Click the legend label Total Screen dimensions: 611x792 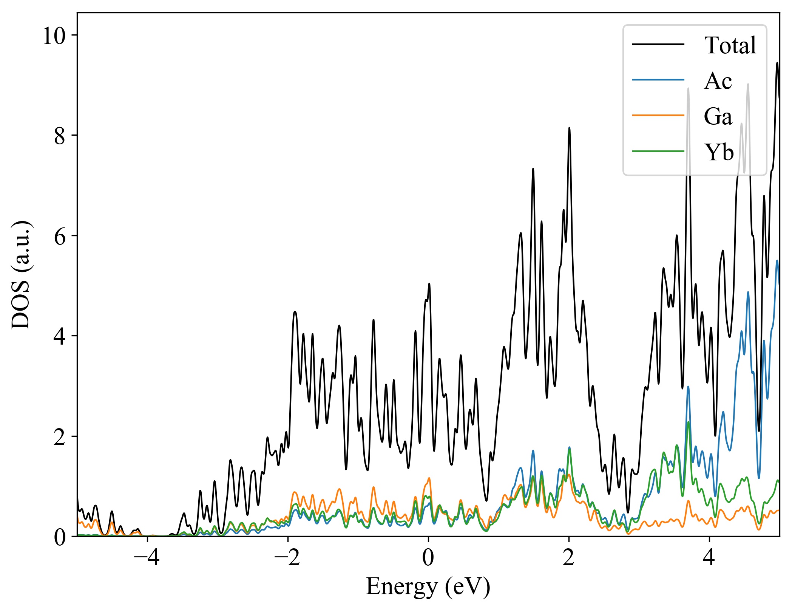coord(730,45)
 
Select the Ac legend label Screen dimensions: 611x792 coord(718,81)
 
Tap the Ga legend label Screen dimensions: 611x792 coord(718,116)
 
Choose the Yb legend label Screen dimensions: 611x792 coord(719,152)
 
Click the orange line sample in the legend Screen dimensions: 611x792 coord(658,115)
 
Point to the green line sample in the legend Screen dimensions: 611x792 coord(658,151)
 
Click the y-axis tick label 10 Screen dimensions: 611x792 coord(54,36)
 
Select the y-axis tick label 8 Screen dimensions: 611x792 coord(60,136)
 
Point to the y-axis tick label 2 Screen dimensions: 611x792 coord(60,437)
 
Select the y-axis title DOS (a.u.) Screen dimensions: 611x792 coord(21,274)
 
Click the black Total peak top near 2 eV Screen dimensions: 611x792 coord(569,128)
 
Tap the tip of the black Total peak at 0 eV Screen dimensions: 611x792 coord(429,284)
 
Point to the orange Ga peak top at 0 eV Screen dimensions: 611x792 coord(429,478)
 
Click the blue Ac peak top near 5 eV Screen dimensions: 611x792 coord(777,261)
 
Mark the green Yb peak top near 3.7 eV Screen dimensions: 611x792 coord(688,422)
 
